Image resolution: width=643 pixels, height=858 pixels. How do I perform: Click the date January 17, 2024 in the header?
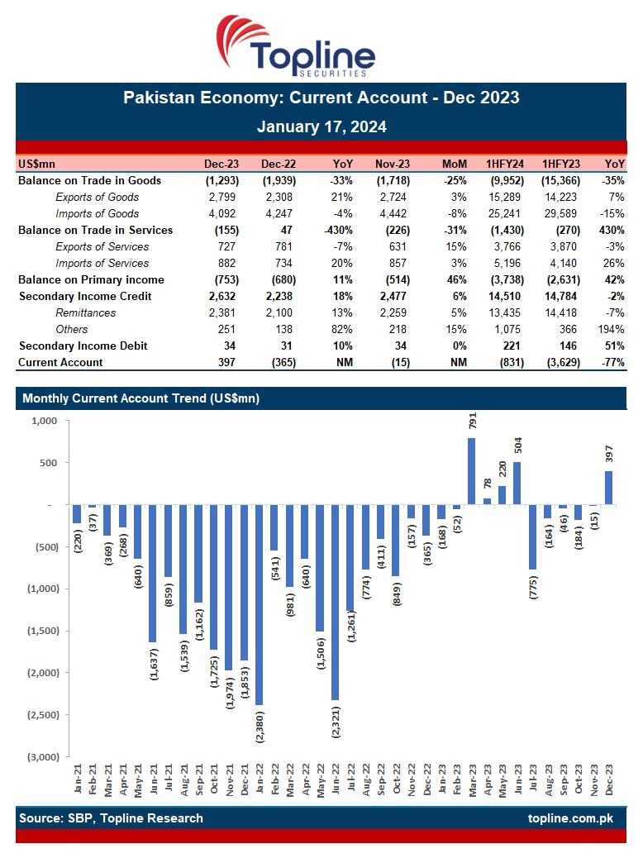[321, 127]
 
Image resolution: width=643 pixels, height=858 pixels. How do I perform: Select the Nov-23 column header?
[393, 164]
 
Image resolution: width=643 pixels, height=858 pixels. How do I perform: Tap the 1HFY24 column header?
[502, 164]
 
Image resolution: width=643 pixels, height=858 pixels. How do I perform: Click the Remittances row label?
[85, 312]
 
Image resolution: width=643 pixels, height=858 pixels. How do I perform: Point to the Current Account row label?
[60, 362]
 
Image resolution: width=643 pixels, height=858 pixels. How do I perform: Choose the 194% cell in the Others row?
[612, 329]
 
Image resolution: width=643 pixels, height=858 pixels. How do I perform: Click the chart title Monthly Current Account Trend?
[141, 398]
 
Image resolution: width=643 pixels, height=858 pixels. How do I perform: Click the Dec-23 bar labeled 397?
[609, 488]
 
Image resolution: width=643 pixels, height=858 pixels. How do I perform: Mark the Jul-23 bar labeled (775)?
[532, 537]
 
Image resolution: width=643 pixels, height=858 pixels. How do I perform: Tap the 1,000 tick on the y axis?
[43, 421]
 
